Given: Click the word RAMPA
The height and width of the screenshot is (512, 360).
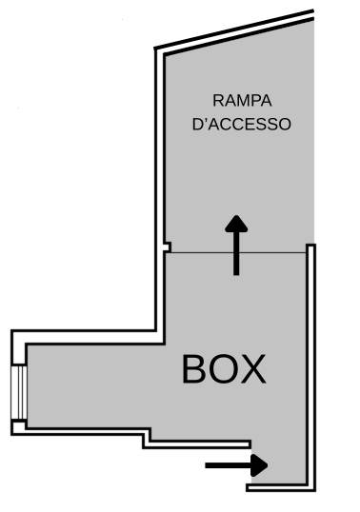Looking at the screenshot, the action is (x=242, y=101).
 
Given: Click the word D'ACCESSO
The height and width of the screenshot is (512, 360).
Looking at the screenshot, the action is (x=242, y=124).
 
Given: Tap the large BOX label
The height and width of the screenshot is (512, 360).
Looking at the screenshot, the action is (x=224, y=369).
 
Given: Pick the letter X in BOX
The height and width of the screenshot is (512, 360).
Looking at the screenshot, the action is (x=253, y=369).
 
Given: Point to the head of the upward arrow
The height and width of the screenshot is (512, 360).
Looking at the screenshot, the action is (x=236, y=224).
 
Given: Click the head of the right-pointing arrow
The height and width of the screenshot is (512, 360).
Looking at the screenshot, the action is (x=259, y=465).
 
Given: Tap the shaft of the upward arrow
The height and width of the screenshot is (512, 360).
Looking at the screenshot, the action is (x=236, y=254).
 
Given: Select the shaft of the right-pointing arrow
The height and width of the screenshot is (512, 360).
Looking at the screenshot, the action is (x=228, y=465).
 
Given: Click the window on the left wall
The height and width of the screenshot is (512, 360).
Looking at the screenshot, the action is (x=19, y=393).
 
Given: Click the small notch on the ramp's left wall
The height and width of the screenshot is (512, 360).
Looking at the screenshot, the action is (x=167, y=247).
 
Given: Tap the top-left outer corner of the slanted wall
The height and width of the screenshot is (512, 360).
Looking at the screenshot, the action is (x=154, y=49).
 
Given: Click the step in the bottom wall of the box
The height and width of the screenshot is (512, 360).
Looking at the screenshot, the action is (x=147, y=438).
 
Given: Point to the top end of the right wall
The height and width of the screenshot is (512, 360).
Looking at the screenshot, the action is (x=310, y=245).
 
